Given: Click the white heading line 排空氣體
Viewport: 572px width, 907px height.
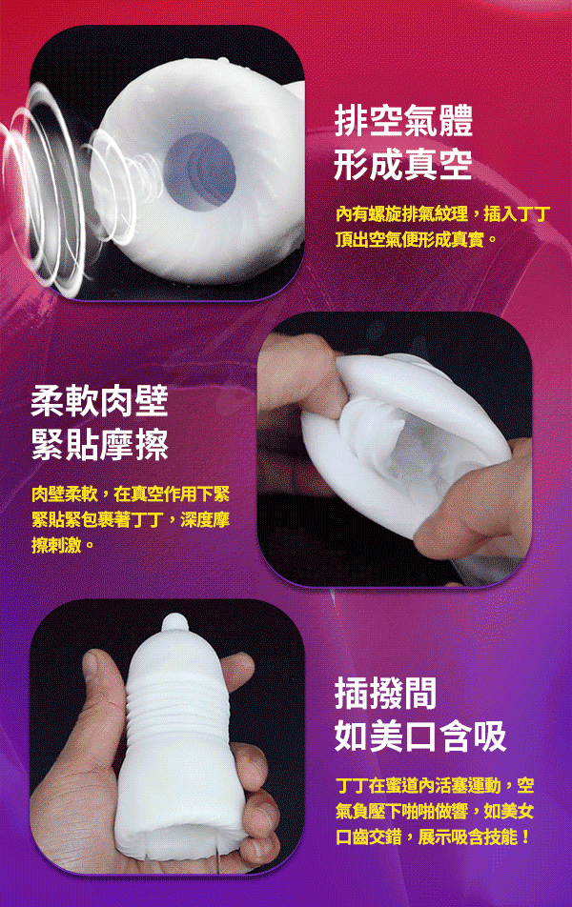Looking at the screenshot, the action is click(403, 121).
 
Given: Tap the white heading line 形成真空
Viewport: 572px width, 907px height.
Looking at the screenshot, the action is click(403, 164).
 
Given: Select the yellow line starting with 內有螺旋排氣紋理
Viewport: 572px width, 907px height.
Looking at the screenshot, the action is click(443, 214).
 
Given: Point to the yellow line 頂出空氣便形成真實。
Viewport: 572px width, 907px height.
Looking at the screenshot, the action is click(417, 239).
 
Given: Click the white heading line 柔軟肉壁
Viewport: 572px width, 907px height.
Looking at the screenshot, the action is click(99, 401).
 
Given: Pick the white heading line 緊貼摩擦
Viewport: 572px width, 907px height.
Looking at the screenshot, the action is click(99, 445).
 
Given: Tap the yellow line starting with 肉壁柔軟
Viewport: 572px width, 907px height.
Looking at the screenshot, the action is click(132, 494).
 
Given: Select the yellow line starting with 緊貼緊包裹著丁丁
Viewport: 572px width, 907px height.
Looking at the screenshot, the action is click(132, 519).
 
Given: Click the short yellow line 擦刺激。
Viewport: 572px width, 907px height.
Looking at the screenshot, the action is click(63, 545).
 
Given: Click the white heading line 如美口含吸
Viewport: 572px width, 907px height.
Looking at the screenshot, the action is click(420, 736).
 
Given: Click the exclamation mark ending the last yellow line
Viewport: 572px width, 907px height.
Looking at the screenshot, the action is click(525, 836).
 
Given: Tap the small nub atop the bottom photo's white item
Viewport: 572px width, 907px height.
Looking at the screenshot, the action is click(174, 623).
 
